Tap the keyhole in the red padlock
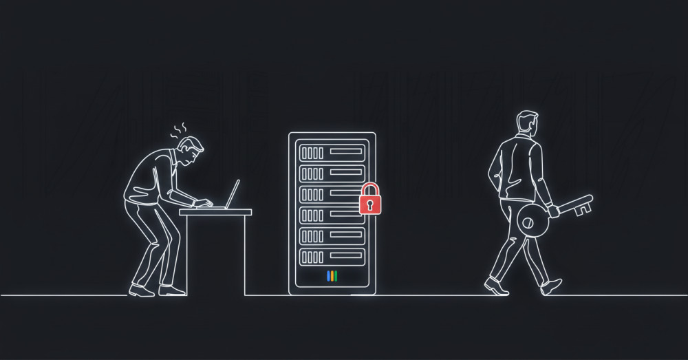(370, 204)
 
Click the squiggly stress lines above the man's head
(180, 129)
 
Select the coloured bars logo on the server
(332, 276)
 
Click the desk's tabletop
(215, 212)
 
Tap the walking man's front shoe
(550, 286)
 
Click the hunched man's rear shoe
(142, 290)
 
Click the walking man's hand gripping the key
(552, 209)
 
